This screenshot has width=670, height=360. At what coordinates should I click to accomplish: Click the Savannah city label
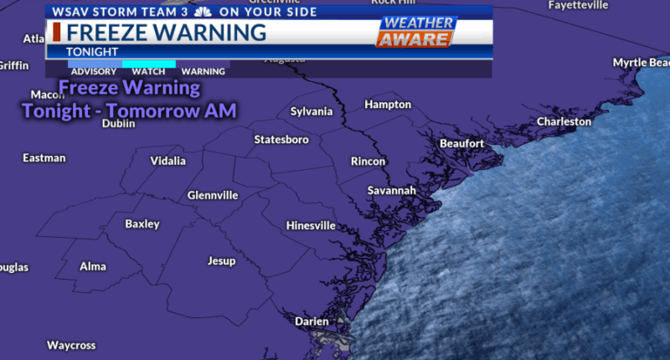click(x=391, y=191)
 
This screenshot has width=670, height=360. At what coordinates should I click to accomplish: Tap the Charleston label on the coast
click(x=564, y=121)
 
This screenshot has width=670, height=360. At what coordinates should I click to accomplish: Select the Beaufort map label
click(x=461, y=143)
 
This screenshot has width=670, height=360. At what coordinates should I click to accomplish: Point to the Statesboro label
click(x=281, y=139)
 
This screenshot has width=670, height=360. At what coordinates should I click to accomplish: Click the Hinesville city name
click(x=311, y=226)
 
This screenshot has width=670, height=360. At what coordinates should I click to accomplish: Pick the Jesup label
click(x=221, y=261)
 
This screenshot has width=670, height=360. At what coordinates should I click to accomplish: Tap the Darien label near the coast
click(x=312, y=321)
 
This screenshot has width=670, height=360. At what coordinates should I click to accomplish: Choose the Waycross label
click(x=71, y=345)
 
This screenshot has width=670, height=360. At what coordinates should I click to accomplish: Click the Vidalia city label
click(x=168, y=161)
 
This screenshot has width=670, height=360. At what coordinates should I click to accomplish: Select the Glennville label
click(x=213, y=195)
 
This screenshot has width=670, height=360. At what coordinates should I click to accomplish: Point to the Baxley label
click(x=142, y=224)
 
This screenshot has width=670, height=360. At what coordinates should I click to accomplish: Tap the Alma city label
click(x=93, y=266)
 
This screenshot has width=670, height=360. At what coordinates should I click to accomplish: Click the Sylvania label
click(x=312, y=111)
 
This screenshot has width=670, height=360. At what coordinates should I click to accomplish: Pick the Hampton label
click(x=388, y=105)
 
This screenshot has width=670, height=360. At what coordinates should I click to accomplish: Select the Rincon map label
click(x=368, y=162)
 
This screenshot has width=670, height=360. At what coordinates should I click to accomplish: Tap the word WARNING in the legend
click(x=204, y=72)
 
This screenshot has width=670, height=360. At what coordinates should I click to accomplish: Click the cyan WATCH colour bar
click(x=149, y=64)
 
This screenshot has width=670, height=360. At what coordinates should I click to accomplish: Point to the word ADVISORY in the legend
click(x=94, y=72)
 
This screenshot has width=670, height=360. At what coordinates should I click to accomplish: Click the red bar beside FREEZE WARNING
click(x=56, y=33)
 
